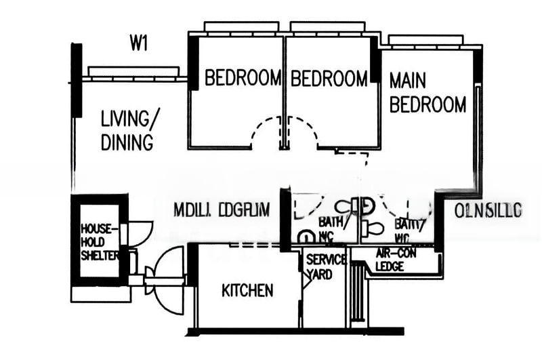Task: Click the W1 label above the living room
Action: tap(140, 44)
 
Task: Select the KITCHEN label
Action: tap(248, 291)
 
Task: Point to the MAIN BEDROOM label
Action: tap(428, 93)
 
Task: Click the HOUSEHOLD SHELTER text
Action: tap(100, 241)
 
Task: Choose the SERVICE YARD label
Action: tap(319, 267)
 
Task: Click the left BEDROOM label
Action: tap(243, 78)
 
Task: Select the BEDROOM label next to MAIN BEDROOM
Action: tap(329, 79)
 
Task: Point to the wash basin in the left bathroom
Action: tap(307, 237)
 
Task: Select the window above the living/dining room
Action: tap(133, 71)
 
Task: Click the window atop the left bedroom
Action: tap(241, 27)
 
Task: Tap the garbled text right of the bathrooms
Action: tap(488, 211)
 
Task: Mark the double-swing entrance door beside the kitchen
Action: tap(164, 271)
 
